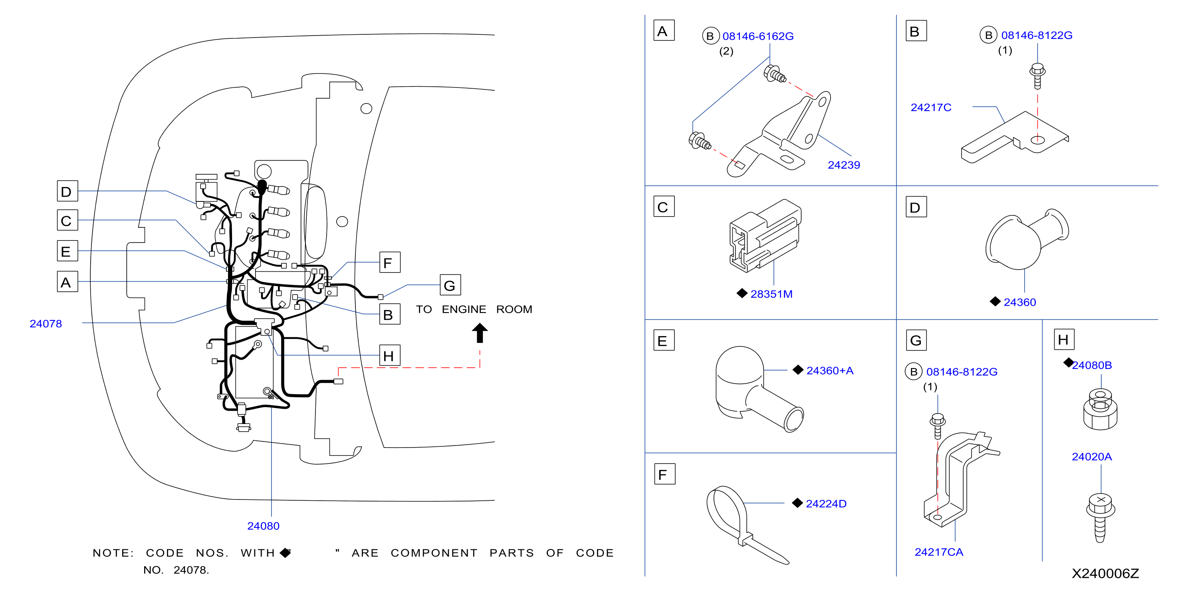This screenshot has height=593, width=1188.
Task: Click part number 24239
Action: (x=843, y=165)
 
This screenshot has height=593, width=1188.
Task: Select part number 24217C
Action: (x=931, y=107)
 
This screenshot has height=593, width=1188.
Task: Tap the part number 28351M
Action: (x=771, y=294)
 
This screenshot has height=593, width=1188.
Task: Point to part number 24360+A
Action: (x=830, y=370)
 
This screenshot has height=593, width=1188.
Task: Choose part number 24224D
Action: (x=826, y=503)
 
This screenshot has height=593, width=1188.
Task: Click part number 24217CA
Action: (x=938, y=552)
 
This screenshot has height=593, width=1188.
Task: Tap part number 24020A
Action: (x=1092, y=456)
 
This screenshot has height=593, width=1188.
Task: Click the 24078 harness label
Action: (x=46, y=324)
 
